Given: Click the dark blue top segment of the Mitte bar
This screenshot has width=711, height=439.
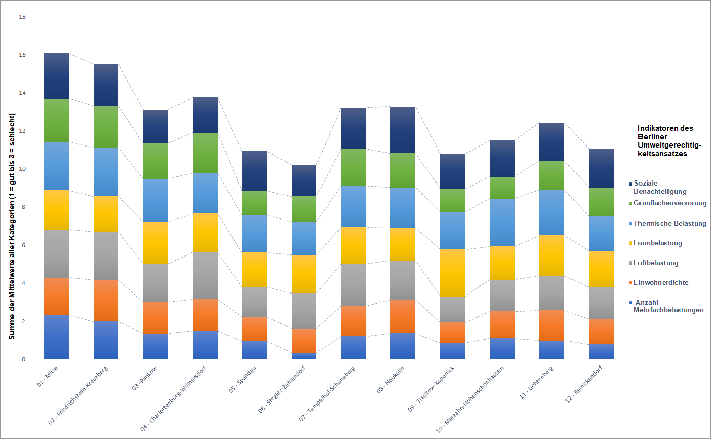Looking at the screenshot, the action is click(56, 76).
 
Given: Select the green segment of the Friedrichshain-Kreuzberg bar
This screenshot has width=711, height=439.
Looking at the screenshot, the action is click(106, 127).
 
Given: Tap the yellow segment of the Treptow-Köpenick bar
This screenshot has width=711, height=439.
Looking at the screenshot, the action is click(452, 273).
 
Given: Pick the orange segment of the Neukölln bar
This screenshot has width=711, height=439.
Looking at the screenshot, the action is click(403, 316).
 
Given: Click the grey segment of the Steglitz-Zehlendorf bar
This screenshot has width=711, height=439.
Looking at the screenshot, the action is click(304, 311).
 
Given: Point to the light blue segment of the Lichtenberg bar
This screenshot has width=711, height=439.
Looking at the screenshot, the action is click(551, 212).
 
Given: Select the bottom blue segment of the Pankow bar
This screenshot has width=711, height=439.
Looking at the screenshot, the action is click(155, 346).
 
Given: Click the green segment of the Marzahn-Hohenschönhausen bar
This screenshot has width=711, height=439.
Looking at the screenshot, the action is click(502, 188).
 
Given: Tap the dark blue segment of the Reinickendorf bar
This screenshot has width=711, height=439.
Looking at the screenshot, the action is click(601, 168).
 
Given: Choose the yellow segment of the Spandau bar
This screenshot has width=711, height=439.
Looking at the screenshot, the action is click(254, 270).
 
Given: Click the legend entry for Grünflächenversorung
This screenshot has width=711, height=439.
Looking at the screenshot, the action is click(668, 203).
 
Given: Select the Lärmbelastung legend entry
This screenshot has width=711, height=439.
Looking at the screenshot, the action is click(655, 243).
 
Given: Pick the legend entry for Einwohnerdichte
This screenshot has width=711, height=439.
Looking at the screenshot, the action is click(659, 283).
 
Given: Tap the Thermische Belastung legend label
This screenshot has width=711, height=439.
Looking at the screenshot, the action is click(670, 224).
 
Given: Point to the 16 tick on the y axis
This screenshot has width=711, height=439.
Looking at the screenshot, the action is click(22, 55).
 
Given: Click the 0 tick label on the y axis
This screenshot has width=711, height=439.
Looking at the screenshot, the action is click(23, 359).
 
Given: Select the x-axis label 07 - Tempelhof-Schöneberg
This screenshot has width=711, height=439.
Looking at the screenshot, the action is click(327, 394).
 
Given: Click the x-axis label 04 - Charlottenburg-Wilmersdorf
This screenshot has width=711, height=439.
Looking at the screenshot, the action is click(173, 398).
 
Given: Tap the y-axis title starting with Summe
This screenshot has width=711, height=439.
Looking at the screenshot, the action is click(12, 226).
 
